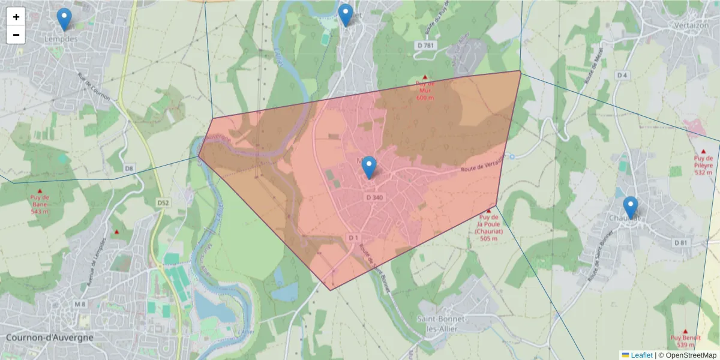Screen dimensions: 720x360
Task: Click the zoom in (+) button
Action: pos(16,17)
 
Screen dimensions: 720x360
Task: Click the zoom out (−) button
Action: pos(16,35)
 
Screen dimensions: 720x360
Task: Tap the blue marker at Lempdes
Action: pos(64,19)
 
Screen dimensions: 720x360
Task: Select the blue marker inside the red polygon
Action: pos(369,167)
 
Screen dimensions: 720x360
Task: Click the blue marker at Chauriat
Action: pos(630,208)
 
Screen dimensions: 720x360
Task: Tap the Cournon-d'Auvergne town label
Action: pos(50,337)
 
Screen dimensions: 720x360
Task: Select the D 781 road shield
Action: pos(427,46)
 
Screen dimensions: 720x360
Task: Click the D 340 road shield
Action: pos(374,197)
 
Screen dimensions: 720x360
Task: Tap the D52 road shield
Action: pos(163,203)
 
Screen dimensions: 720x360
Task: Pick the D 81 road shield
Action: pos(680,242)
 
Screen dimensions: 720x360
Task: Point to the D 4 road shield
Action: pos(622,75)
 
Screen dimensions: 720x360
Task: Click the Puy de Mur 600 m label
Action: pos(424,91)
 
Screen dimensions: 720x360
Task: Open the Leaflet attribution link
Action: pos(641,355)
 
